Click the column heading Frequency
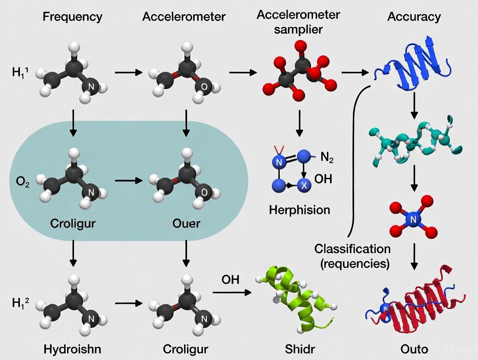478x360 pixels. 72,17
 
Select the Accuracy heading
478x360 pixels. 414,17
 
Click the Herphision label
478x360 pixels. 299,210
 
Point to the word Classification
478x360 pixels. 352,249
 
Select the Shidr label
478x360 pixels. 298,349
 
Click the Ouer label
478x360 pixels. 186,224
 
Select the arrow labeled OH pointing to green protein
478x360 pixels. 232,292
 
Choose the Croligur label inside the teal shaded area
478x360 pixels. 73,224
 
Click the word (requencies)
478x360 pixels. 352,263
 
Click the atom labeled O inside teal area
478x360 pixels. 204,192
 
